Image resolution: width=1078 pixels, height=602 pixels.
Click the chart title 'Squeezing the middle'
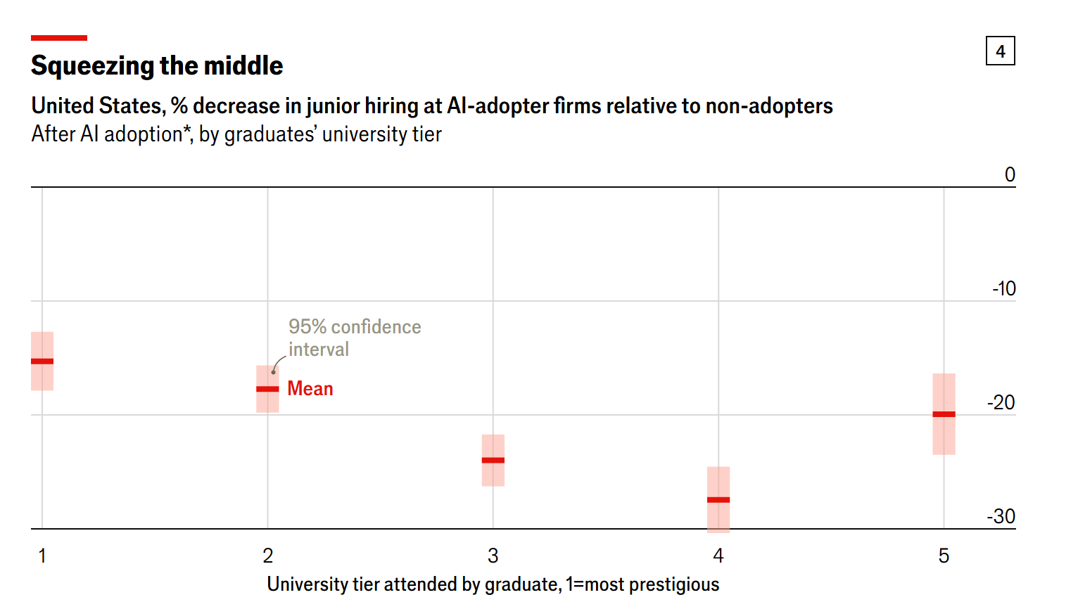[x=157, y=65]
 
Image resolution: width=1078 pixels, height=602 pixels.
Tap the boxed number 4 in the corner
[x=1000, y=51]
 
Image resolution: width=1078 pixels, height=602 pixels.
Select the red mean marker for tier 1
[x=42, y=361]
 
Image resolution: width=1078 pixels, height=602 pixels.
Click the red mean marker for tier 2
[x=267, y=389]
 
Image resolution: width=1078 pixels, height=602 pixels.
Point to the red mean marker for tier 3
[x=493, y=461]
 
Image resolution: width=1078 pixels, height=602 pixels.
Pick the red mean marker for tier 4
[x=718, y=500]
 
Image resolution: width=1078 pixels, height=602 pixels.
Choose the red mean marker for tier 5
[x=944, y=414]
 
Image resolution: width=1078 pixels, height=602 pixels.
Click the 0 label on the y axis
[x=1010, y=174]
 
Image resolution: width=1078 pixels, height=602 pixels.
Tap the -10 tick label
[x=1004, y=288]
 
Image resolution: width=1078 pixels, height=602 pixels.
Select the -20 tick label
[x=1001, y=402]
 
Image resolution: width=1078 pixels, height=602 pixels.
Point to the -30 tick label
[x=1001, y=516]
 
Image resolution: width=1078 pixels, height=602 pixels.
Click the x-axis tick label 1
[x=42, y=556]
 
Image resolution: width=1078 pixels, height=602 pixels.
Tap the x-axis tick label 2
[x=267, y=556]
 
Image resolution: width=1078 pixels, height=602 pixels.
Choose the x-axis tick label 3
[x=493, y=556]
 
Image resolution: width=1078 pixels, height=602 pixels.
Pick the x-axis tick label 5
[x=944, y=556]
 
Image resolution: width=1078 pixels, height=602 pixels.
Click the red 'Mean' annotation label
[x=310, y=389]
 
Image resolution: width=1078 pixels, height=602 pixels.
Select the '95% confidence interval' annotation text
[x=354, y=338]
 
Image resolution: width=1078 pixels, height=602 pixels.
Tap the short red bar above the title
[x=59, y=38]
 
